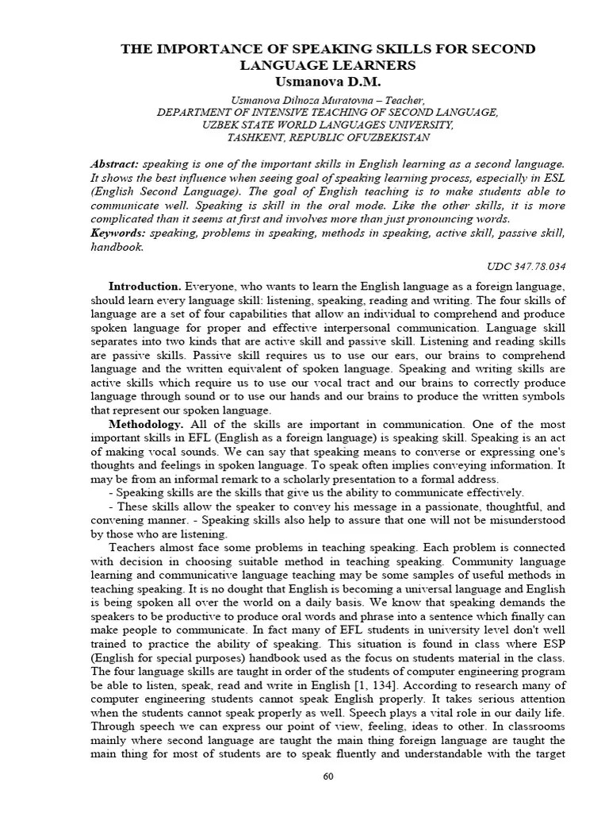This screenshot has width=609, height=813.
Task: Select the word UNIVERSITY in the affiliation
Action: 418,125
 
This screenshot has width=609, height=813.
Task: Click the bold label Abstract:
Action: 115,163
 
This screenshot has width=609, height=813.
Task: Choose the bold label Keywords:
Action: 118,233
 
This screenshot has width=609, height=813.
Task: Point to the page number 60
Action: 327,776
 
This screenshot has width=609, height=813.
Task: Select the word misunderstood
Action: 523,520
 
